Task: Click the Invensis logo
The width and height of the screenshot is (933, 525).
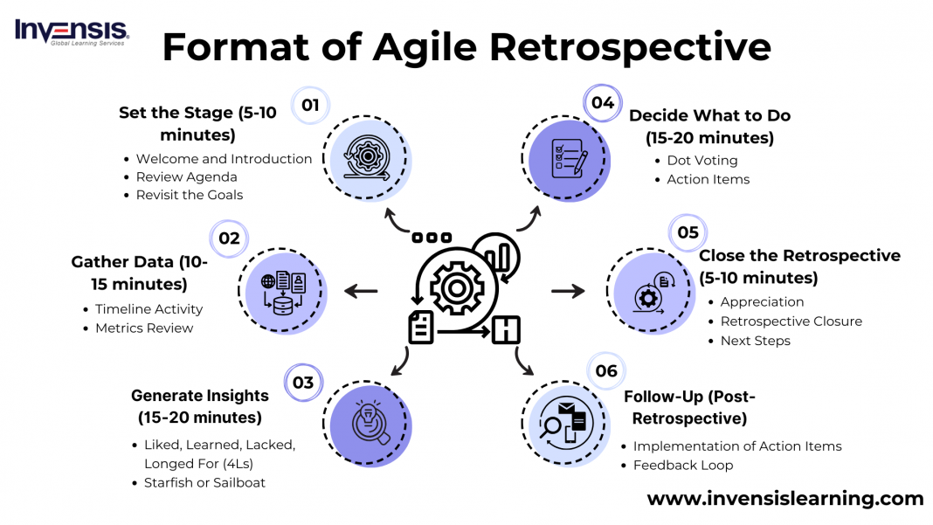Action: tap(72, 31)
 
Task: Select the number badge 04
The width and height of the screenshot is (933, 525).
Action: tap(603, 103)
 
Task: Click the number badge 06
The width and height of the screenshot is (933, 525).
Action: tap(606, 371)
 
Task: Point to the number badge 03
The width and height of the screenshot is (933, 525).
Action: tap(303, 383)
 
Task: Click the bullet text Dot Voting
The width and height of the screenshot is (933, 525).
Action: tap(702, 160)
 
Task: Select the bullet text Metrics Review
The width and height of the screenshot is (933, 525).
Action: tap(144, 328)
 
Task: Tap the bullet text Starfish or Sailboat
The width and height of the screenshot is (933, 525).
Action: tap(204, 482)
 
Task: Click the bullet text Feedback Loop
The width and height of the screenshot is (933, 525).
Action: tap(682, 465)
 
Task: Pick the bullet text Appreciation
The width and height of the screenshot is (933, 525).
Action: tap(762, 301)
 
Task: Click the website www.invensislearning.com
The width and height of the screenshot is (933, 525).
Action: tap(784, 499)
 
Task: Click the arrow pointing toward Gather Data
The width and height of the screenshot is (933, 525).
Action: tap(363, 291)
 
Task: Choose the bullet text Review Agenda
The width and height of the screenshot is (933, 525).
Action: tap(186, 176)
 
